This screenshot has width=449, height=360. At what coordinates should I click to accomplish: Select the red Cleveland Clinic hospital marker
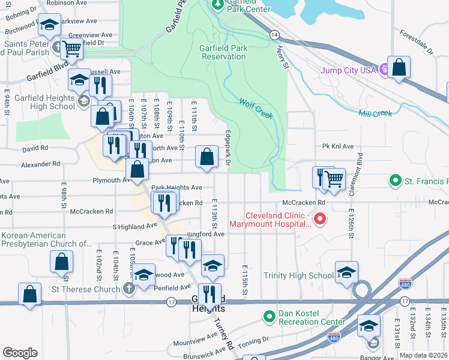(320, 220)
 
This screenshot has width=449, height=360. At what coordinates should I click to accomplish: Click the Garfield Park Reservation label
(223, 52)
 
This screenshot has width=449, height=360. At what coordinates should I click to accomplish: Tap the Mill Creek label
(375, 113)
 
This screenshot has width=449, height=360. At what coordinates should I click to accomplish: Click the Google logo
(20, 353)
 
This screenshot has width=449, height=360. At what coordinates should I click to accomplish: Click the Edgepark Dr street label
(228, 148)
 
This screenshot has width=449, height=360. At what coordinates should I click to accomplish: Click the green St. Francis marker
(394, 180)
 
